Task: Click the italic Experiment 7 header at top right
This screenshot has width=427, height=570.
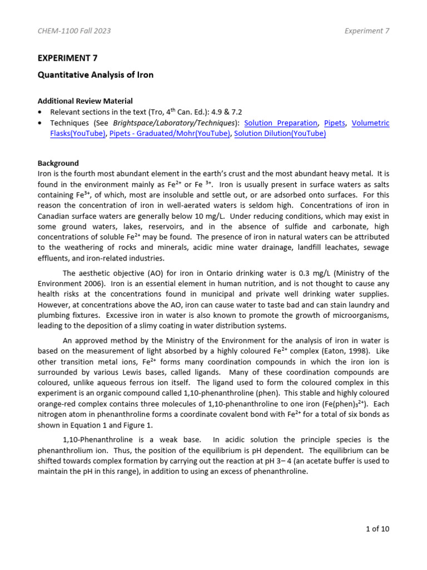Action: point(367,31)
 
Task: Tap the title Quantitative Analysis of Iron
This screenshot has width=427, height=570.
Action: point(95,75)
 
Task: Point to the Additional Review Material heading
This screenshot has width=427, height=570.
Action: point(85,101)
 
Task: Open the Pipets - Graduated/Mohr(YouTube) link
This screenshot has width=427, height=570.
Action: point(170,134)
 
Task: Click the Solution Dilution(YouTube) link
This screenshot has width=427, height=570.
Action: point(280,134)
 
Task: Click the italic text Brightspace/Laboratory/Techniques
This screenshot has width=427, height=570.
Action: point(174,123)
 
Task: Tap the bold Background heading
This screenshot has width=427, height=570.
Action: point(58,163)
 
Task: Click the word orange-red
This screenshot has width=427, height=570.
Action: point(56,404)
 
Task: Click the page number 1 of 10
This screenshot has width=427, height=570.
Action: point(378,529)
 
